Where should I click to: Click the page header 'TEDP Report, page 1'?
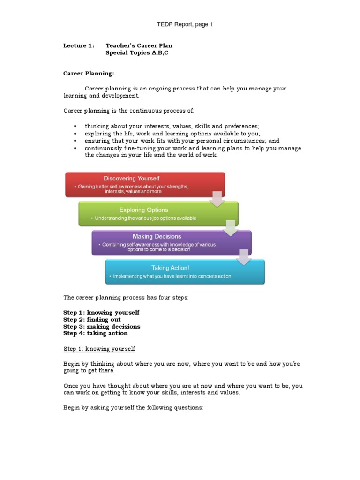[184, 24]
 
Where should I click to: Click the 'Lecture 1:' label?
[79, 45]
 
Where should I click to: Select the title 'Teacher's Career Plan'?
[139, 45]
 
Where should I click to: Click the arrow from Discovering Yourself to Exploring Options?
[217, 199]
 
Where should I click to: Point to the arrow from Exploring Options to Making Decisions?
[230, 228]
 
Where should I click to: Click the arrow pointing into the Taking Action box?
[243, 257]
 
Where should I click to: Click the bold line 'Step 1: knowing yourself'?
[101, 312]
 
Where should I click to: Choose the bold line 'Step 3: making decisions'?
[102, 326]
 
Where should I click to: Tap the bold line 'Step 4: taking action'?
[95, 333]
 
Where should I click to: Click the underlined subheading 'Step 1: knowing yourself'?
[99, 349]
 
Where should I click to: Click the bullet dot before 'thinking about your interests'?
[75, 127]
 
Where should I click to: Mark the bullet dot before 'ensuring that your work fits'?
[75, 141]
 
